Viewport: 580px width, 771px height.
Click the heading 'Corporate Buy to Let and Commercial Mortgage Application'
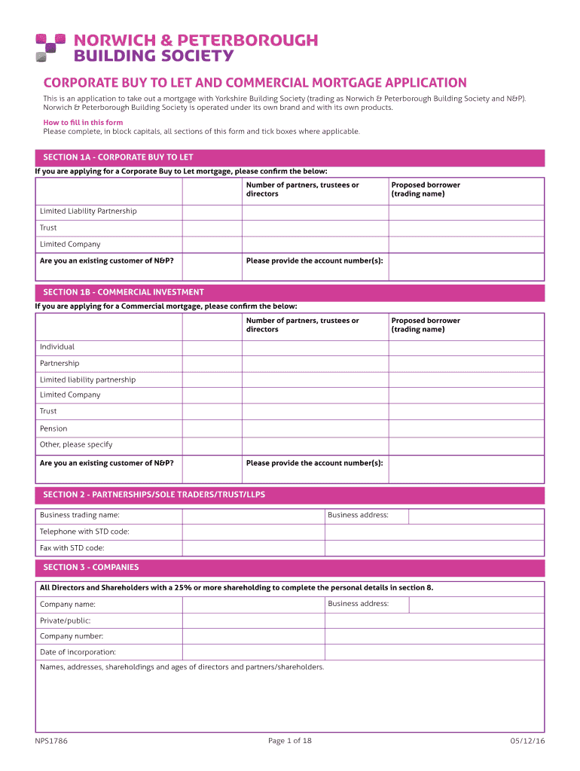click(255, 83)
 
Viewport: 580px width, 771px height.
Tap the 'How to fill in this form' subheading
click(83, 122)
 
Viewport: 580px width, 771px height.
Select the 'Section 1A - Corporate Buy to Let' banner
click(289, 157)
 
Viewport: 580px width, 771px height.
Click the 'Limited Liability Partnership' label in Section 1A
click(88, 211)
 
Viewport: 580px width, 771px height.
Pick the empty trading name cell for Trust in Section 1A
click(466, 228)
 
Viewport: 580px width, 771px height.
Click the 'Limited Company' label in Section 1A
click(70, 244)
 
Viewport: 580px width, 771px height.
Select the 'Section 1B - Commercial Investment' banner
click(289, 292)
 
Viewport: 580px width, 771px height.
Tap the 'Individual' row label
click(57, 347)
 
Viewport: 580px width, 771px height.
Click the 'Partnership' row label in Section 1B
click(60, 364)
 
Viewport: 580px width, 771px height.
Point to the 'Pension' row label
click(53, 428)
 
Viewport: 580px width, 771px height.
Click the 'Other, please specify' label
click(76, 444)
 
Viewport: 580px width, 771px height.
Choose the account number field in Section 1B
click(466, 469)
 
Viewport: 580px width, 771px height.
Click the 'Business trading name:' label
click(79, 515)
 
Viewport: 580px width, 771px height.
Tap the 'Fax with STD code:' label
click(72, 548)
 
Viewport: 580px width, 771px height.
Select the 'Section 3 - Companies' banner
click(289, 568)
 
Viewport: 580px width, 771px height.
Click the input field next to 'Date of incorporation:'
click(253, 652)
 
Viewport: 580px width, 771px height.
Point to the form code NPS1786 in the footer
click(51, 741)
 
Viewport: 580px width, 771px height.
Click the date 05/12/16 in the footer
click(527, 741)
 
